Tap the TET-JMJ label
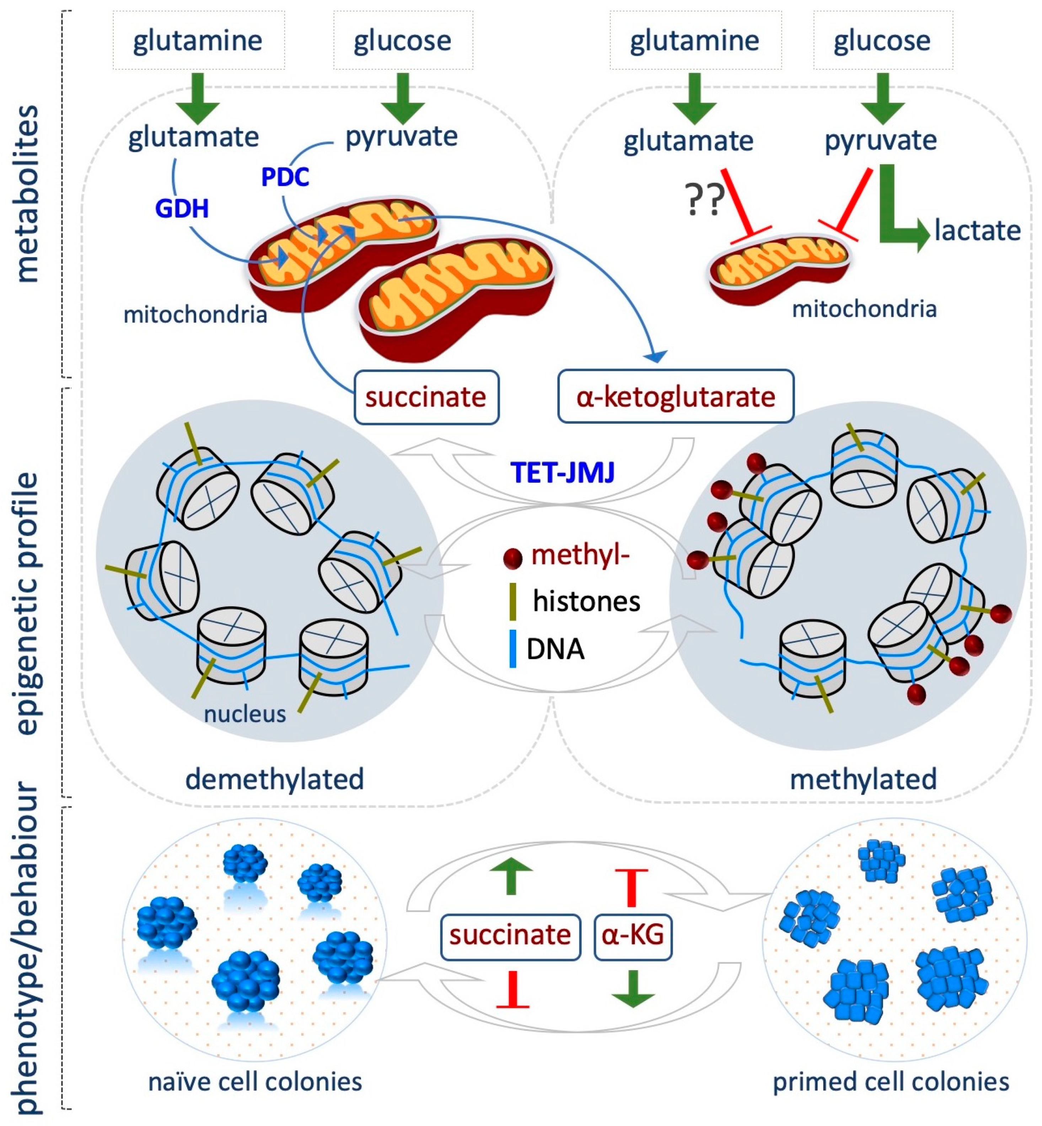[x=562, y=472]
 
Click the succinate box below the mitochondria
[x=426, y=397]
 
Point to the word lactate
[x=977, y=231]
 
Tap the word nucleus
[x=245, y=714]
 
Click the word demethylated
[x=275, y=779]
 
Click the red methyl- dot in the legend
[x=512, y=558]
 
